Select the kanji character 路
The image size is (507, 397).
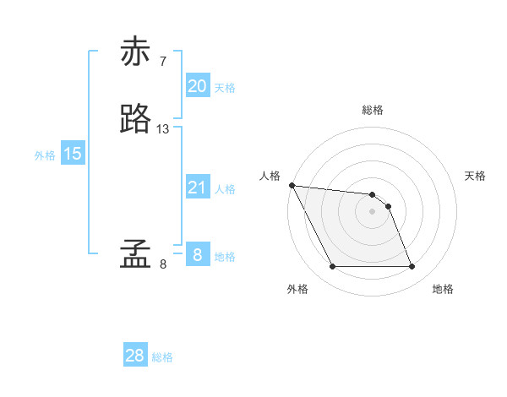pos(136,119)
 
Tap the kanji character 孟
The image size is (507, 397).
pos(136,254)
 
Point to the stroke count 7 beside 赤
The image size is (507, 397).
pos(163,61)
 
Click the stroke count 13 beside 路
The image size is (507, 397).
pos(163,129)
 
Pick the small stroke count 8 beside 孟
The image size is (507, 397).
pos(163,264)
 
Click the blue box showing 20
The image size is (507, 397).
pos(197,86)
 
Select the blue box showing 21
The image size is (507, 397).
pos(197,188)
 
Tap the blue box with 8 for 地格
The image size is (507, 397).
pos(197,255)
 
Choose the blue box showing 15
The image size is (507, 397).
pos(73,154)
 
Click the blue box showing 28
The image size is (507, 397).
pos(135,356)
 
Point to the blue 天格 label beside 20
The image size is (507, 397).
pos(225,88)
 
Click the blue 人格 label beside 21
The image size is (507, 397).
pos(225,189)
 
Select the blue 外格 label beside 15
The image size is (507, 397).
pos(45,155)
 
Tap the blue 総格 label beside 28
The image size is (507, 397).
pos(162,357)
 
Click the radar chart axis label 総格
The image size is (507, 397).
pos(373,110)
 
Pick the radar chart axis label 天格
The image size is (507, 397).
pos(475,176)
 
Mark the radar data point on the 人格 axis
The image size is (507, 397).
pos(292,185)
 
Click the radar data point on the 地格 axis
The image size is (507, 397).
pos(412,267)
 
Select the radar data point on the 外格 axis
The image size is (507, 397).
pos(332,267)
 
